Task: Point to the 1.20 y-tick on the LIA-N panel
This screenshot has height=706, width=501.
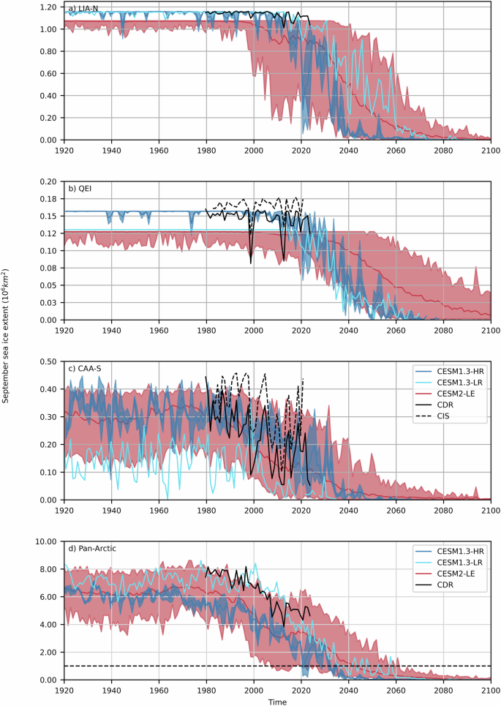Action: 48,7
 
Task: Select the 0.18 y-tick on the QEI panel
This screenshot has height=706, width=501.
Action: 48,198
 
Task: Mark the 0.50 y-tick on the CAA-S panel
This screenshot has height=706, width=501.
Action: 48,361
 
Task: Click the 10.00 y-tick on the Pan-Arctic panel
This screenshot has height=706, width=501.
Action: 45,541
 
